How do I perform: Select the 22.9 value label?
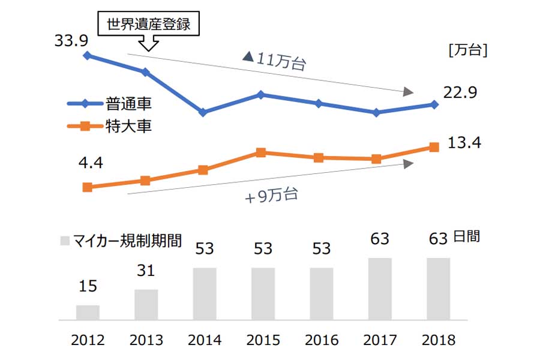(460, 93)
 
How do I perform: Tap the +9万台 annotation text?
(271, 196)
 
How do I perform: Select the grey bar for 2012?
(88, 313)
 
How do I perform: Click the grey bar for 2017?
(380, 289)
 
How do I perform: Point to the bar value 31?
(146, 271)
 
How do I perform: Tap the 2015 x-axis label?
(263, 340)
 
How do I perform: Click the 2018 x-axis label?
(439, 340)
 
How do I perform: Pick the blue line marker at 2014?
(203, 112)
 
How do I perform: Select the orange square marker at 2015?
(260, 152)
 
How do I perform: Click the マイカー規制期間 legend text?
(127, 241)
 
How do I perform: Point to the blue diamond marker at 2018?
(434, 104)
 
